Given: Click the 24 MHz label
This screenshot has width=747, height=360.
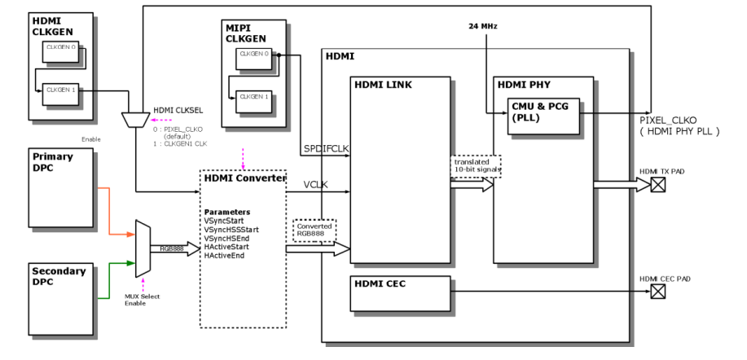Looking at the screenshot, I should (483, 26).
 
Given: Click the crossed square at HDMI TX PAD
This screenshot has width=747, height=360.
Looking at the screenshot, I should (657, 185).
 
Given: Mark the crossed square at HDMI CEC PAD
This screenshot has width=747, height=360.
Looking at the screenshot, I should (657, 291).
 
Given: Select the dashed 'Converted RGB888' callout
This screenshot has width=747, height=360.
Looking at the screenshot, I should (314, 230).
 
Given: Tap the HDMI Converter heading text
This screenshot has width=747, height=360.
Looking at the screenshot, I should (243, 178).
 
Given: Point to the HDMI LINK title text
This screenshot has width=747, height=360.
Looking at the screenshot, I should (381, 85).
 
